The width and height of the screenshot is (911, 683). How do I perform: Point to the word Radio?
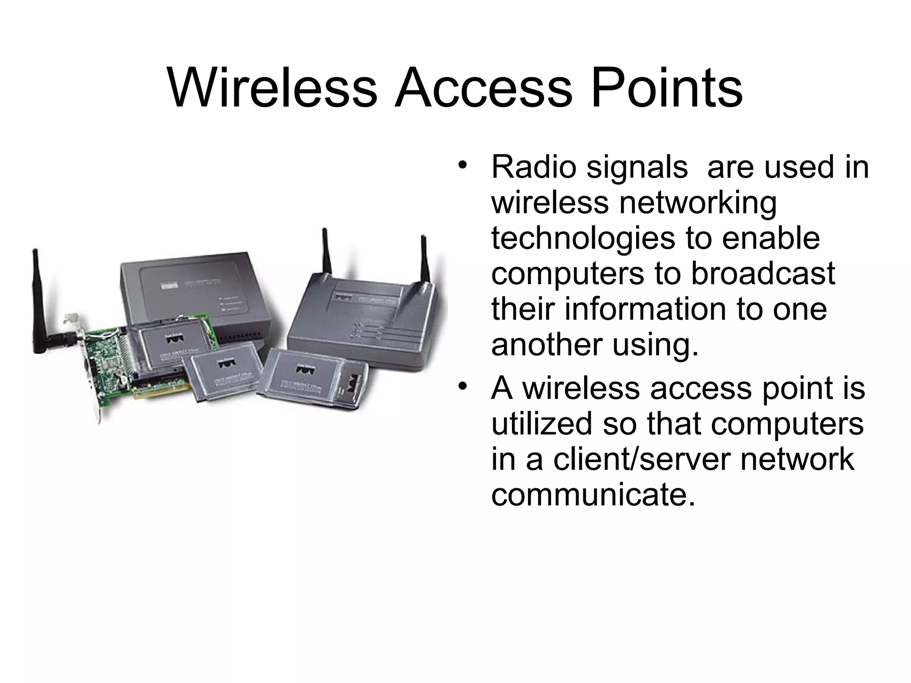click(x=533, y=168)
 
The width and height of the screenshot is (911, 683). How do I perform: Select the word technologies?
click(x=583, y=238)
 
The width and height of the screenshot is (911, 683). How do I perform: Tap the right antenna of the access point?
click(x=424, y=260)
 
